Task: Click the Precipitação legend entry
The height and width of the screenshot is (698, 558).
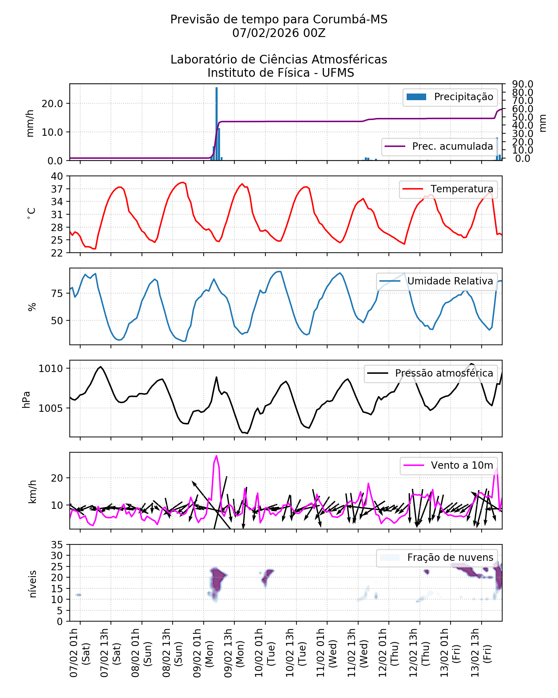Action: (450, 97)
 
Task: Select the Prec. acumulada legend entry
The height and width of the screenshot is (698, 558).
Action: (439, 146)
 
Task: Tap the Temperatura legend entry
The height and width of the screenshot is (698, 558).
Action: (448, 189)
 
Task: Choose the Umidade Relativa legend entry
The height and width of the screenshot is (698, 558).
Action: (436, 281)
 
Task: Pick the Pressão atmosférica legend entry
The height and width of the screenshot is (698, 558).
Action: (430, 373)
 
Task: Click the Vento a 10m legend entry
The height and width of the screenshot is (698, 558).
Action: (448, 466)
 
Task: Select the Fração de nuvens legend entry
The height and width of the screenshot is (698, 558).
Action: (437, 558)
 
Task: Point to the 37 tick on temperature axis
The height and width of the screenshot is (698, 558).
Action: (57, 189)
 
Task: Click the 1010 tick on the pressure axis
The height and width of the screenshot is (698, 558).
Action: (51, 369)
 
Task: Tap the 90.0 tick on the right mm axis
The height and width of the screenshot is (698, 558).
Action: (522, 84)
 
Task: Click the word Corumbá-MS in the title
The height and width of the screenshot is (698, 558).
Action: (350, 20)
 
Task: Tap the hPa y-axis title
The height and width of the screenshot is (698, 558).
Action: (27, 400)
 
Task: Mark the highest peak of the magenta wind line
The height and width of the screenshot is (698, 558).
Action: (217, 456)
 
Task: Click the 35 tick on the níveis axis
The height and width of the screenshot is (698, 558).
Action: (57, 545)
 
